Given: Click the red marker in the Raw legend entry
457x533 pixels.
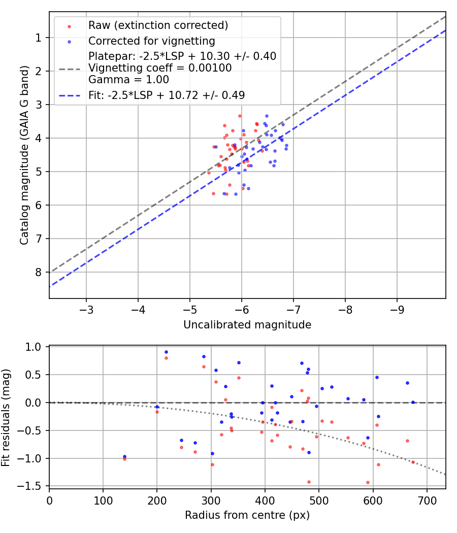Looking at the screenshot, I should (x=70, y=26).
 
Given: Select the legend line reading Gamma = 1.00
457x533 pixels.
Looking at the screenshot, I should (x=128, y=80).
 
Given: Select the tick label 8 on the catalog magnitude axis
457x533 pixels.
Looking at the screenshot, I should (x=39, y=272).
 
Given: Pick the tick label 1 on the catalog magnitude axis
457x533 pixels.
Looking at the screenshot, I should (x=39, y=38).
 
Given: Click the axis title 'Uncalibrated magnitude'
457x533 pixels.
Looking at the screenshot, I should (x=247, y=325).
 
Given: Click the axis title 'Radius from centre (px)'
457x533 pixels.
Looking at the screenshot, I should (x=247, y=516).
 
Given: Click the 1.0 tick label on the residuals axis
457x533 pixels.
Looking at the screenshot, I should (x=35, y=347).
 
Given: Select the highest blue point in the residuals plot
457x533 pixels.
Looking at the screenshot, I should (x=166, y=352).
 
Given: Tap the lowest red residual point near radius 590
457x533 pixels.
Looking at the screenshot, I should (x=368, y=482).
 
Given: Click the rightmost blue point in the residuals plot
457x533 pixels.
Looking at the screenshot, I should (x=413, y=402).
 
